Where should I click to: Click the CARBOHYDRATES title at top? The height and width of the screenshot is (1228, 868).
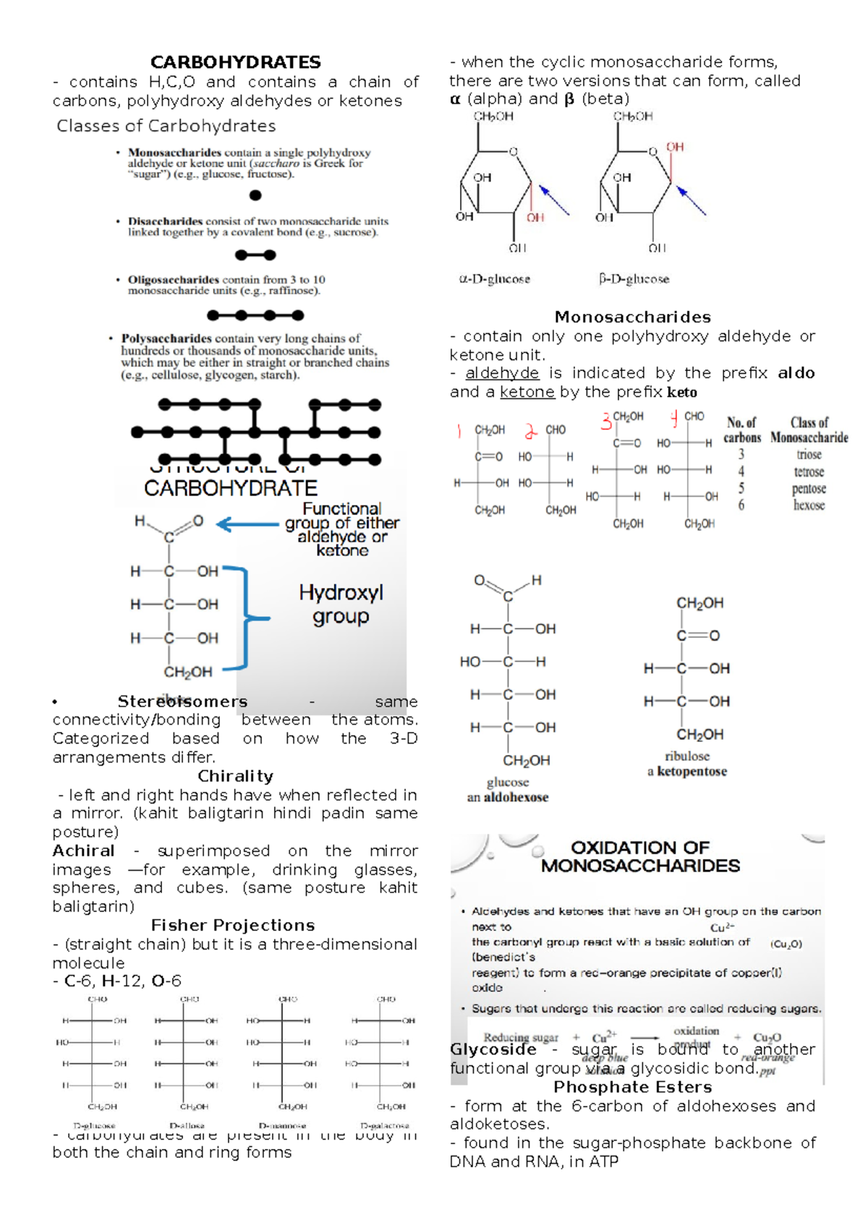coord(235,62)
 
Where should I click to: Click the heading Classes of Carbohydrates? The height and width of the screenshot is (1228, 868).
coord(166,126)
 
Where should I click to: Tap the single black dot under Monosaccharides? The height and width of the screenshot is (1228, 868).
coord(255,195)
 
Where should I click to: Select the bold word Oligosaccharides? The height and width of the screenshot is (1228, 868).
coord(174,280)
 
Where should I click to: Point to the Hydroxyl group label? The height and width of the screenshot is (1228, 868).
coord(341,605)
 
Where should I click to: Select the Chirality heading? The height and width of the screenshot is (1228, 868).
coord(235,776)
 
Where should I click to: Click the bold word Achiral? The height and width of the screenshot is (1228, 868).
coord(83,851)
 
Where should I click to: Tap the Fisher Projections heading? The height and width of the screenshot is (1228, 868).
coord(233,926)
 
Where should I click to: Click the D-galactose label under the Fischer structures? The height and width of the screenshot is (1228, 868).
coord(385,1126)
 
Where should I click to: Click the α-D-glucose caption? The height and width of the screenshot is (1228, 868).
coord(495,279)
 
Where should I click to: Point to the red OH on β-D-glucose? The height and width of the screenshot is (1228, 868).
coord(675,147)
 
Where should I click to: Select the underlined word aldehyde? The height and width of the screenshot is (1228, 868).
coord(502,373)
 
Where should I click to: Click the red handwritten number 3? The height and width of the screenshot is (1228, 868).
coord(605,422)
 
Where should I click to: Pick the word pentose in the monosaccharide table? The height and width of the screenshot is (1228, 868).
coord(809,489)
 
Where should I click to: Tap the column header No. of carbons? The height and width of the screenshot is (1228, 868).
coord(742,430)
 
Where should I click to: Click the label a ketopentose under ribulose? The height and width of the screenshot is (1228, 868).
coord(687,772)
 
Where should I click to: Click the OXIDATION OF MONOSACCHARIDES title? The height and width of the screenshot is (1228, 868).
coord(640,856)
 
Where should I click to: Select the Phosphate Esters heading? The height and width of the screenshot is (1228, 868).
coord(632,1087)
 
